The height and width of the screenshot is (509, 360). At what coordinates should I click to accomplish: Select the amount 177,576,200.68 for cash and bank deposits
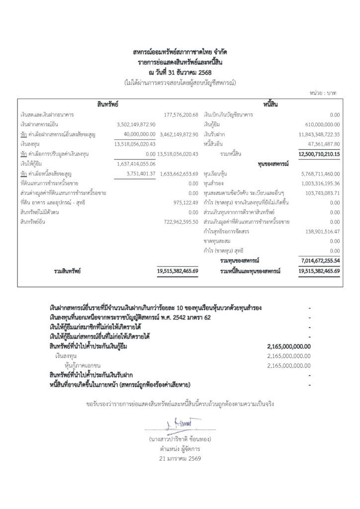(181, 115)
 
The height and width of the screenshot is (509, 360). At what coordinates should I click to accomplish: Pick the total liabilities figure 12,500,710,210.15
(319, 154)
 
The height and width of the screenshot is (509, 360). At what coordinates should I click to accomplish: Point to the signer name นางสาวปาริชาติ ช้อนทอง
(180, 439)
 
